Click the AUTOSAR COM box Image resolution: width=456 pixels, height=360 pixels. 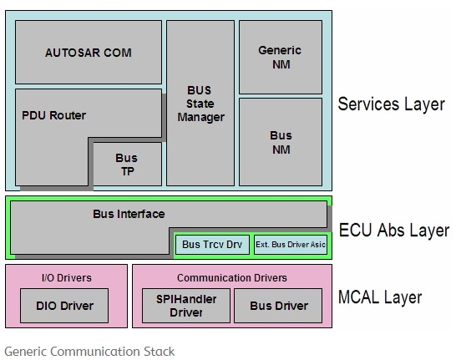[88, 52]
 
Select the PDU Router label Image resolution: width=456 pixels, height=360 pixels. [53, 115]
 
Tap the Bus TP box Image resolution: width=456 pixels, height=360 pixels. [126, 164]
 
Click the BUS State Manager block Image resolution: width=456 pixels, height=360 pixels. [200, 103]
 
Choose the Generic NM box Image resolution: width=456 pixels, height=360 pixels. [280, 57]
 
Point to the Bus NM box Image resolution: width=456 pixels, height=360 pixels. [280, 141]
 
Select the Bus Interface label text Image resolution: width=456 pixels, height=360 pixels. [129, 214]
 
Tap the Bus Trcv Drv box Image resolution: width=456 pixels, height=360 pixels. [212, 245]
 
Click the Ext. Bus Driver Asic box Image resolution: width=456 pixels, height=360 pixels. [290, 245]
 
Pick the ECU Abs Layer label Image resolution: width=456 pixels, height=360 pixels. [393, 231]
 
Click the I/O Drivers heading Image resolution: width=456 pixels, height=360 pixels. [67, 277]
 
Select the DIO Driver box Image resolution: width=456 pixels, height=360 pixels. [66, 306]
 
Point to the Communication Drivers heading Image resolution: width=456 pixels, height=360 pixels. [231, 277]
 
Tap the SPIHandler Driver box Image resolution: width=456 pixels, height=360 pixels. [185, 306]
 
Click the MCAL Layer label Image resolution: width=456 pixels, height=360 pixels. [380, 297]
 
